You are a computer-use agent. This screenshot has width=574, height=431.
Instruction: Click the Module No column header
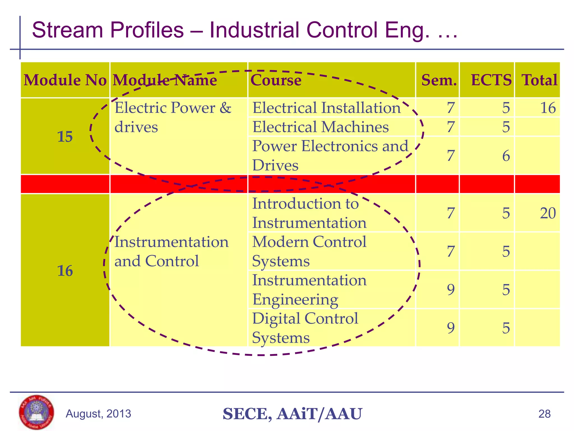tap(65, 80)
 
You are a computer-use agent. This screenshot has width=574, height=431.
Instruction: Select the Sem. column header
tap(439, 80)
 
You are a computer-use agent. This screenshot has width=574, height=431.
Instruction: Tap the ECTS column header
tap(491, 80)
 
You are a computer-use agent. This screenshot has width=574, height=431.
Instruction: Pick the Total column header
tap(539, 80)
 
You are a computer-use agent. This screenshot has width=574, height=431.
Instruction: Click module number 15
tap(65, 137)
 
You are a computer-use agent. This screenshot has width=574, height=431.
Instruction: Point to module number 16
tap(65, 271)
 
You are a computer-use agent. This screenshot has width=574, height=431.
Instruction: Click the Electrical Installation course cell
tap(327, 108)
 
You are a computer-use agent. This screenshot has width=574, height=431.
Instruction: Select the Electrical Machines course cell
tap(321, 127)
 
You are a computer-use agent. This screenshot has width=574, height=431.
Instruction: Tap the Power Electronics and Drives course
tap(330, 155)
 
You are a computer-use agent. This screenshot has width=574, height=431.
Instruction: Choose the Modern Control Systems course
tap(309, 251)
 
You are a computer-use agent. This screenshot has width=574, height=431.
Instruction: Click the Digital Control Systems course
tap(305, 328)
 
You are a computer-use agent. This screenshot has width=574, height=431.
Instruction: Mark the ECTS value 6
tap(506, 156)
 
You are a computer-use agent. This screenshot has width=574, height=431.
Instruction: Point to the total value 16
tap(548, 108)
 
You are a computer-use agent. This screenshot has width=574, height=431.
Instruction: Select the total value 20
tap(548, 213)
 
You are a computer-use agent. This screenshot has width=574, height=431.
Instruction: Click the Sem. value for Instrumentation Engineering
tap(451, 290)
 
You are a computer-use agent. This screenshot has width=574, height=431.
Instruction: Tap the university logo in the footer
tap(36, 412)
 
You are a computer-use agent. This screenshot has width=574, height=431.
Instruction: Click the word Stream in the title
tap(67, 30)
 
